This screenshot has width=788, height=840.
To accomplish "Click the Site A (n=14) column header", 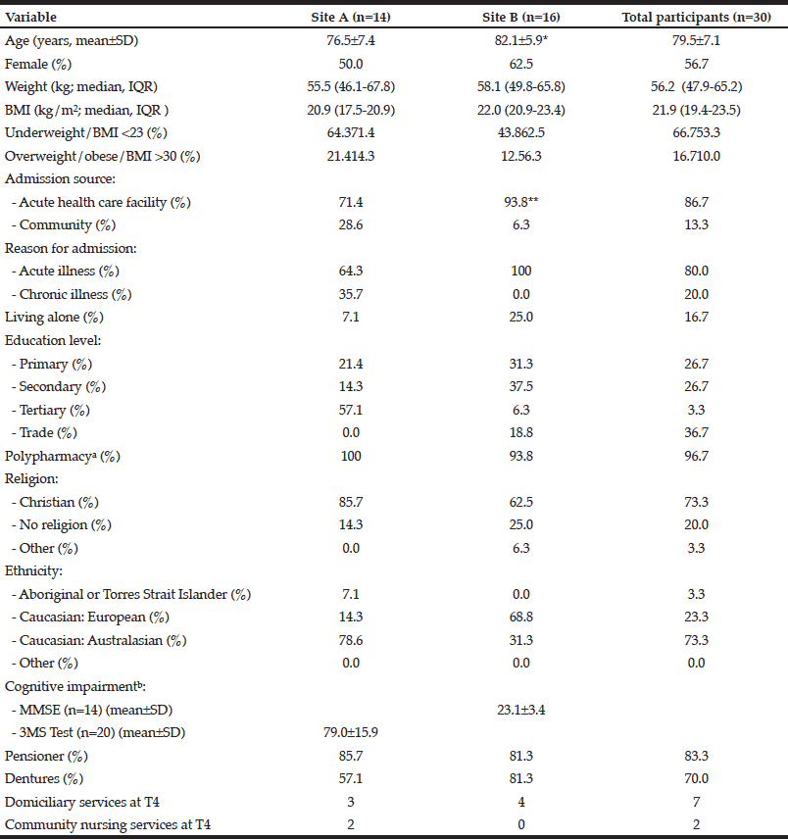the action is point(351,17).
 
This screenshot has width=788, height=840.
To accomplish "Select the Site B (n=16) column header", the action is point(521,17).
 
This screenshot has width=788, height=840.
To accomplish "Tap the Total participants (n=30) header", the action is point(697,17).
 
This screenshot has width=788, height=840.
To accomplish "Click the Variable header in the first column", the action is point(30,17).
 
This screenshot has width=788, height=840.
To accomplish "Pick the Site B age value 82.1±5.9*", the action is point(521,41).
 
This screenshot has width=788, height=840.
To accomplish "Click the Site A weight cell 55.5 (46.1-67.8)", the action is point(351,87).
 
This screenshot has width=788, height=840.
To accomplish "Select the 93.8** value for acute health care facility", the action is point(521,202).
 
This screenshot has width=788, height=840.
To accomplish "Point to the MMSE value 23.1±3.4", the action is point(521,710).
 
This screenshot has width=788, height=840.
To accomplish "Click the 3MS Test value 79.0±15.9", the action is point(351,732).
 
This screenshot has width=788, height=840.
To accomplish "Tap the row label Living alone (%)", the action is point(54,318).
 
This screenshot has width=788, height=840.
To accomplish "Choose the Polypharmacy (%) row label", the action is point(62,457).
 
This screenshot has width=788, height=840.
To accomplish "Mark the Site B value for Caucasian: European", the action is point(521,618).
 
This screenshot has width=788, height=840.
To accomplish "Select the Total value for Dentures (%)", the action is point(697,778).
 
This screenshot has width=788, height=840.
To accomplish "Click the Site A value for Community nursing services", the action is point(351,824).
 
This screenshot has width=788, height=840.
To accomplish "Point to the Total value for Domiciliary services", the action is point(697,802).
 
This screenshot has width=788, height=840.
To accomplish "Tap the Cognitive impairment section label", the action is point(75,687).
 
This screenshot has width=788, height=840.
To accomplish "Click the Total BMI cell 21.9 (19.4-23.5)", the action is point(697,111).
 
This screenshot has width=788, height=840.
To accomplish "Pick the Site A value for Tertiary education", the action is point(351,411).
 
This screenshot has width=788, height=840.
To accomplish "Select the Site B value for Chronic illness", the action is point(521,295).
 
